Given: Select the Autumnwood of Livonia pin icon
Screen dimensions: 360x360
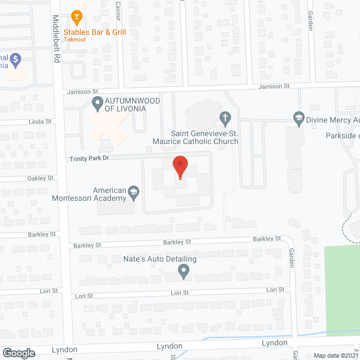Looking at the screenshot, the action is click(x=96, y=103).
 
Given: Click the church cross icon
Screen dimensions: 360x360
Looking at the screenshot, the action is click(x=224, y=118).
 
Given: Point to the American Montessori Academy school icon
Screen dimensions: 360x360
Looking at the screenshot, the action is click(x=133, y=192).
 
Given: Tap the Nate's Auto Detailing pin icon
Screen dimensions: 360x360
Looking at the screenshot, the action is click(x=183, y=272).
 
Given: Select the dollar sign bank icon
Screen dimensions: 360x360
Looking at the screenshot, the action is click(x=16, y=58).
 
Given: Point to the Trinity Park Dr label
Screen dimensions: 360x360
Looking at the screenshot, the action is click(x=88, y=159).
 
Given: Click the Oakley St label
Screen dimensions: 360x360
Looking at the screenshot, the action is click(x=41, y=178).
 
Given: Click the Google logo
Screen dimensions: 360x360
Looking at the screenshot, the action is click(x=18, y=353).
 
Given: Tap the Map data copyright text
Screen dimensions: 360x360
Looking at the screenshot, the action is click(x=335, y=355).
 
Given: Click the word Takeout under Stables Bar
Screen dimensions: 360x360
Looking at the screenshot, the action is click(x=74, y=39).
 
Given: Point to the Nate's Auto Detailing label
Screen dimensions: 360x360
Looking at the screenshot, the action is click(x=160, y=259).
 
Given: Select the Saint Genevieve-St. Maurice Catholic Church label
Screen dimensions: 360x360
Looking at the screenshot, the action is click(x=195, y=137).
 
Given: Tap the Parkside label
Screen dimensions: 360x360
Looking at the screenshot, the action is click(x=341, y=136).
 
